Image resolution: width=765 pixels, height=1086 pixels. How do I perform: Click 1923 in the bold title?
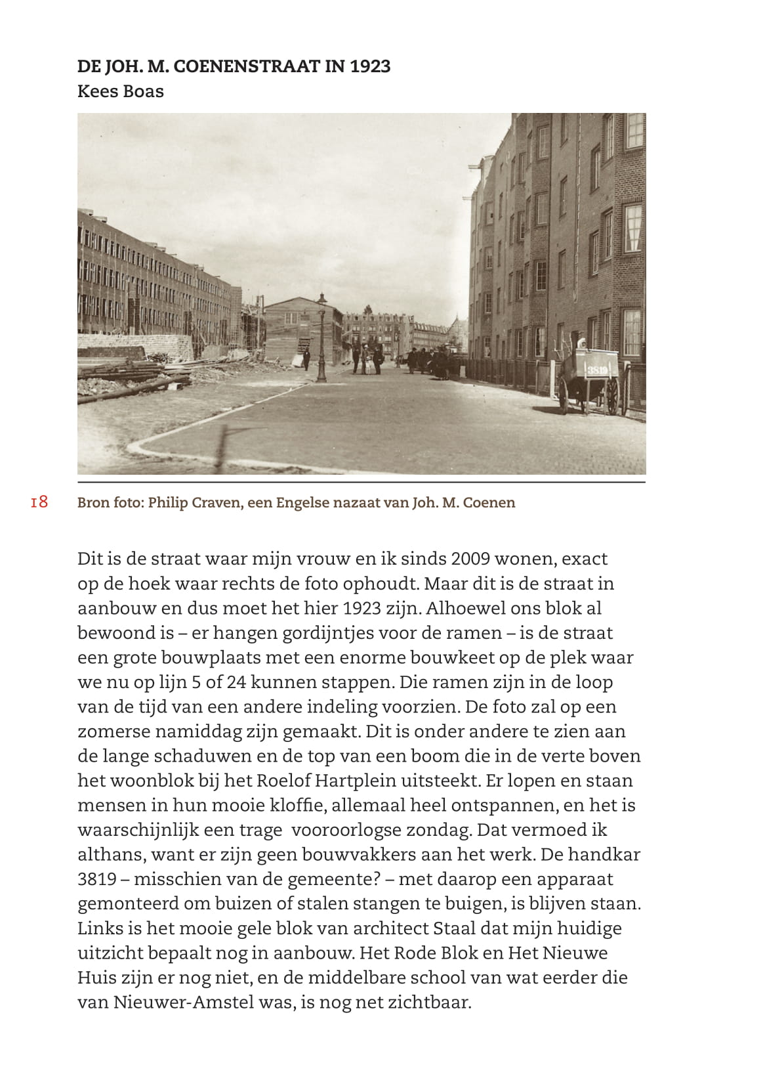[370, 66]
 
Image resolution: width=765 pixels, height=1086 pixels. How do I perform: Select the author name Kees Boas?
[120, 91]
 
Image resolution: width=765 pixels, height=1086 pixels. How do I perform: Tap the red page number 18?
[39, 502]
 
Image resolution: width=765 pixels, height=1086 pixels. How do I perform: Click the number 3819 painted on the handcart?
[597, 370]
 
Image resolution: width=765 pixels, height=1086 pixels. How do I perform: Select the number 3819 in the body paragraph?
[97, 879]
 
